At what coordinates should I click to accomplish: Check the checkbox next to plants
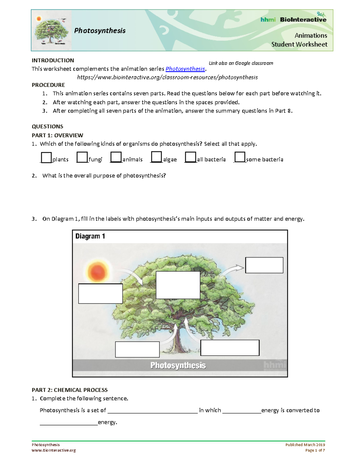click(46, 158)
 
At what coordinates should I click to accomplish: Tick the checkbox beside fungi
click(82, 157)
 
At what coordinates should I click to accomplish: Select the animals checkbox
click(116, 157)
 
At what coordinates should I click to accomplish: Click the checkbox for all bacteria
click(190, 157)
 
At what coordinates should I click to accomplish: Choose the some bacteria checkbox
click(240, 157)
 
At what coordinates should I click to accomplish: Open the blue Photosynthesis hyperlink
click(185, 69)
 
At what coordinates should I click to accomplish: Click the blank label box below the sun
click(100, 293)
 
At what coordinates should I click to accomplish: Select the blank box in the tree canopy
click(178, 285)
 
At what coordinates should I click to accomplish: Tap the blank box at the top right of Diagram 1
click(264, 265)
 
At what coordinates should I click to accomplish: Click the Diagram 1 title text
click(90, 236)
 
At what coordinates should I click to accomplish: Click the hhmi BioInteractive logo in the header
click(293, 20)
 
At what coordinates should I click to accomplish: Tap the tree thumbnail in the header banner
click(51, 31)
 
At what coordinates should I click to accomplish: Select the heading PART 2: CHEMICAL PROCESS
click(70, 390)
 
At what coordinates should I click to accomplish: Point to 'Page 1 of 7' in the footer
click(315, 450)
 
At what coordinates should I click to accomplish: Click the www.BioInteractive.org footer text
click(54, 450)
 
